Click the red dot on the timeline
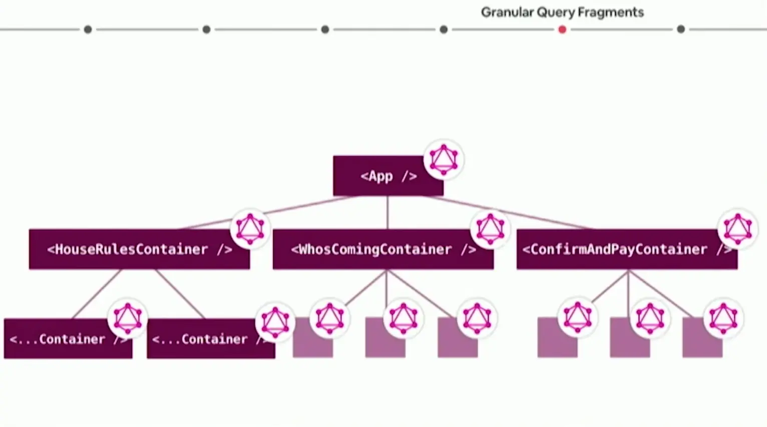click(562, 29)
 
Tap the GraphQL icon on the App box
click(444, 160)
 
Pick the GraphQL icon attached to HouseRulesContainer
click(250, 229)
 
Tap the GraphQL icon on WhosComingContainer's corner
click(490, 229)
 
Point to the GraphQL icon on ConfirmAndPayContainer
click(737, 228)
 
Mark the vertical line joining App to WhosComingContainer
click(388, 212)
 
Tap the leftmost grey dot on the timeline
click(88, 29)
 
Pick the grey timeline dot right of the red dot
click(680, 29)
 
